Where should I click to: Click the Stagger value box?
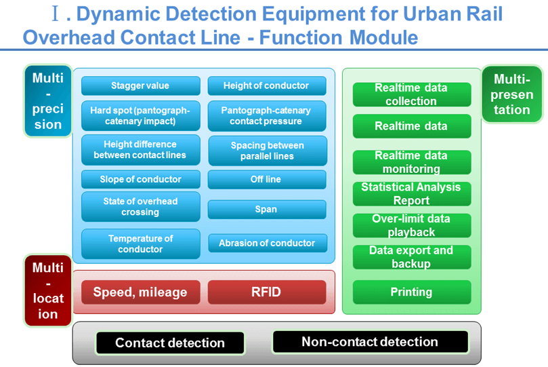(140, 85)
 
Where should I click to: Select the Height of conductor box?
(266, 85)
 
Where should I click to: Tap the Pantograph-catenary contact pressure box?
(266, 115)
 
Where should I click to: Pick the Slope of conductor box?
(140, 179)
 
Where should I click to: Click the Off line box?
(266, 179)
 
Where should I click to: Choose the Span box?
(266, 209)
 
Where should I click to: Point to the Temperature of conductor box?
(140, 244)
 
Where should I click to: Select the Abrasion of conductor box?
(266, 243)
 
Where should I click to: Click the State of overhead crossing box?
(140, 207)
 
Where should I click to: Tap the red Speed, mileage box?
(140, 292)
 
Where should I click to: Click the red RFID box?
(266, 292)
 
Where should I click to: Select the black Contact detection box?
(169, 343)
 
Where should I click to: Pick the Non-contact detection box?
(370, 342)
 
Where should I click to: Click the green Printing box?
(411, 292)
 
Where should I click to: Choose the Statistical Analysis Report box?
(411, 194)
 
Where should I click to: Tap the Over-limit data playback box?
(411, 225)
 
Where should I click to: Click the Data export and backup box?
(411, 257)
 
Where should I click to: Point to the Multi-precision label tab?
(47, 101)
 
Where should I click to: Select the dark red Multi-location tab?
(47, 290)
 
